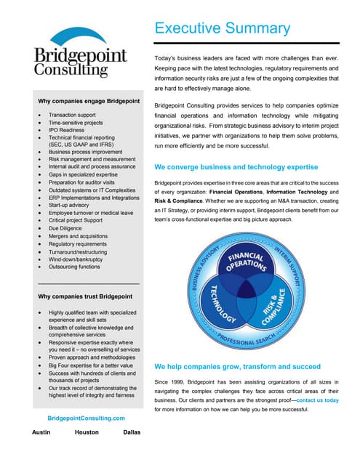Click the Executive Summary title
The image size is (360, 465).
pyautogui.click(x=222, y=28)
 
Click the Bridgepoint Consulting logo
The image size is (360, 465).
pyautogui.click(x=81, y=54)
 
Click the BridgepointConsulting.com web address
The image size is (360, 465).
pyautogui.click(x=86, y=418)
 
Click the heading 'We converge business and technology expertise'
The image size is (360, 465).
pyautogui.click(x=236, y=166)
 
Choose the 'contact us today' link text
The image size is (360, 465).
pyautogui.click(x=317, y=400)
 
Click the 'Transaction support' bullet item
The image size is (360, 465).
pyautogui.click(x=72, y=116)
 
